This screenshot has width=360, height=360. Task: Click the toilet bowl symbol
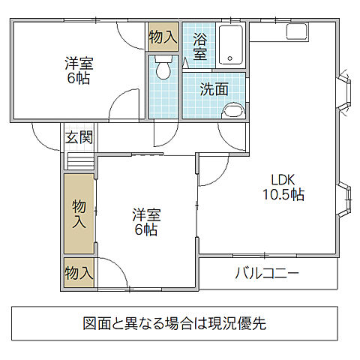(163, 70)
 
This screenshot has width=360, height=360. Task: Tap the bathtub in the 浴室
(231, 45)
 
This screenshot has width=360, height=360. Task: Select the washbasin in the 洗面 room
(233, 111)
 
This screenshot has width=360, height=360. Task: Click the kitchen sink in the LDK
(296, 31)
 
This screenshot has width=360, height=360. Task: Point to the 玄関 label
(79, 137)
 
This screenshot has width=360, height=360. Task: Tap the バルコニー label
(267, 273)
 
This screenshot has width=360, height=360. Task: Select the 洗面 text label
(214, 89)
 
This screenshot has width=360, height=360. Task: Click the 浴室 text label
(200, 46)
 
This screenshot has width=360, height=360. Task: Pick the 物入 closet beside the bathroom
(163, 37)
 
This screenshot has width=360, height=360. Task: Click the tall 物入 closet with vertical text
(79, 214)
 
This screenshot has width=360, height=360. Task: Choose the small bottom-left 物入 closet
(79, 272)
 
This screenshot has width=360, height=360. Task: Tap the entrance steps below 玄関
(81, 162)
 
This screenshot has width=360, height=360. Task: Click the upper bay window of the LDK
(344, 92)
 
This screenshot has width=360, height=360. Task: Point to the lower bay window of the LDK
(344, 199)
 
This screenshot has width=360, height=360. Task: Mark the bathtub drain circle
(230, 58)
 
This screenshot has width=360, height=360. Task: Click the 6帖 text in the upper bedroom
(79, 78)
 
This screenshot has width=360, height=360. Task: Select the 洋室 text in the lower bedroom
(146, 215)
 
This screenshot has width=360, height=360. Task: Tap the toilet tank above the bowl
(163, 59)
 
